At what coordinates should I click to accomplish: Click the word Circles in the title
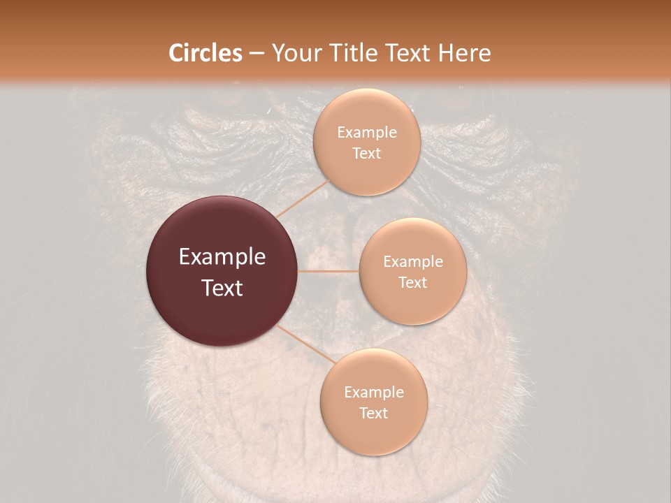click(x=205, y=52)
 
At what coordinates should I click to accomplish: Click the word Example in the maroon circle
click(x=222, y=257)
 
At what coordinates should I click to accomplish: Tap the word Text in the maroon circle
click(x=222, y=288)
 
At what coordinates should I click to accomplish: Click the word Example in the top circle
click(x=367, y=133)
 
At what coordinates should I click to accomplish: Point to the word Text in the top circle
click(x=367, y=154)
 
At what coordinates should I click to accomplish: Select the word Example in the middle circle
click(x=413, y=262)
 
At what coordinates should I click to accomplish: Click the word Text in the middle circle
click(x=413, y=283)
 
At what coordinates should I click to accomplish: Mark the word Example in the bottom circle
click(x=373, y=393)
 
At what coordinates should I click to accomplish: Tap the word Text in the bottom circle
click(x=373, y=414)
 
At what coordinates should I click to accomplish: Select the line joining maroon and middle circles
click(x=328, y=271)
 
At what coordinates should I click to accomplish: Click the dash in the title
click(x=257, y=54)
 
